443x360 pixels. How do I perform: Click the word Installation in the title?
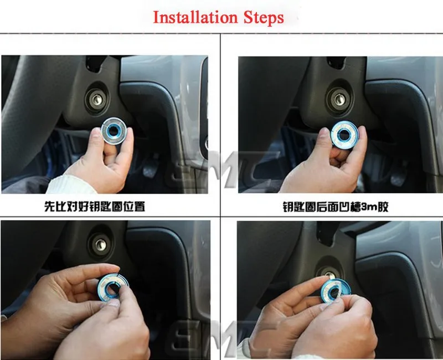(x=195, y=17)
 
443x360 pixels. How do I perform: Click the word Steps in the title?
(x=264, y=17)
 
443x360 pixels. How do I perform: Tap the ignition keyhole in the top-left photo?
(x=97, y=100)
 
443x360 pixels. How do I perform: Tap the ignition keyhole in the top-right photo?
(x=338, y=99)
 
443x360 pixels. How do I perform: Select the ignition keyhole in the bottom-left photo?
(x=101, y=245)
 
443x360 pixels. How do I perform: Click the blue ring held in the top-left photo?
(x=114, y=131)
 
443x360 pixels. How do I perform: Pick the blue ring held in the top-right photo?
(x=344, y=135)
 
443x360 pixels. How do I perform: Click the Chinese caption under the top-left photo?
(x=95, y=206)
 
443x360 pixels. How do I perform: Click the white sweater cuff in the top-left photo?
(x=71, y=184)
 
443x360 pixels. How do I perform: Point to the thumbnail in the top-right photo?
(x=324, y=132)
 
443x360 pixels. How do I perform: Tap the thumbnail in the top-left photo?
(x=97, y=132)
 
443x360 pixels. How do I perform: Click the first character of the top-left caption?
(x=49, y=206)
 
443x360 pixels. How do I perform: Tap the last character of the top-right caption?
(x=383, y=207)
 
